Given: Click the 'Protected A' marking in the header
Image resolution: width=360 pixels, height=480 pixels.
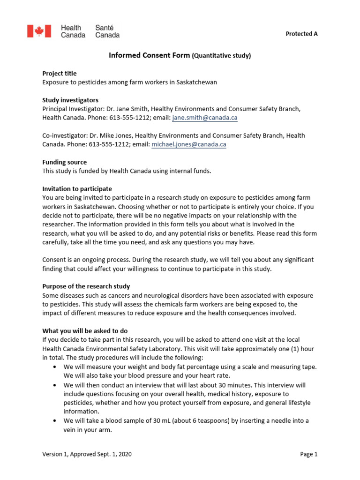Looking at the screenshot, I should coord(301,34).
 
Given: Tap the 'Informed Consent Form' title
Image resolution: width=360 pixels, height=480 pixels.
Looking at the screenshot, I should coord(150,55).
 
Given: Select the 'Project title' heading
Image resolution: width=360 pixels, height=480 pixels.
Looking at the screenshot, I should coord(59,73).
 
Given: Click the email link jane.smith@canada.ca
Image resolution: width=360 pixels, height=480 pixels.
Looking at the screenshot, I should coord(204,118).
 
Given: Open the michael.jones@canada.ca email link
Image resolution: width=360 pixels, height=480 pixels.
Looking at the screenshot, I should coord(189,145).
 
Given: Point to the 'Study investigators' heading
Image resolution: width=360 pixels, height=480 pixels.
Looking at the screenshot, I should coord(70,100).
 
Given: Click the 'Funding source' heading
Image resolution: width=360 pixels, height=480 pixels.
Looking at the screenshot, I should coord(64,162).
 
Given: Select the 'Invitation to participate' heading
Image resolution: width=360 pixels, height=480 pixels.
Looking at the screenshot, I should coord(77,189).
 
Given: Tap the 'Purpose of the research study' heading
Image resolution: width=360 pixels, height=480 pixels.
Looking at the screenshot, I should coord(86,286).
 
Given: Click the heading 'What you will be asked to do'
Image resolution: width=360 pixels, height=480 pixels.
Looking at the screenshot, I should coord(85,331).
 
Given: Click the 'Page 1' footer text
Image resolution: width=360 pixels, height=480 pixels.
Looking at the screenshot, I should coord(308,454).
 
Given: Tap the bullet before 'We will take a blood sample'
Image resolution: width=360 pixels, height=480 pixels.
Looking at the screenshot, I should coord(56,420).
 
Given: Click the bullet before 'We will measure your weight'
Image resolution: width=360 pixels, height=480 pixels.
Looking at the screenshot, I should coord(56,367).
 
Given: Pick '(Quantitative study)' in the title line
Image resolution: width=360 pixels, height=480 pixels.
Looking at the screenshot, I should coord(221,56).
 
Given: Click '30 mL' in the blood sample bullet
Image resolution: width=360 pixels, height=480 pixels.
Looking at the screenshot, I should coord(150,420).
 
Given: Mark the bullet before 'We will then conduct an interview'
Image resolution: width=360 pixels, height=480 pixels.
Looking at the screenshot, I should coord(56,385).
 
